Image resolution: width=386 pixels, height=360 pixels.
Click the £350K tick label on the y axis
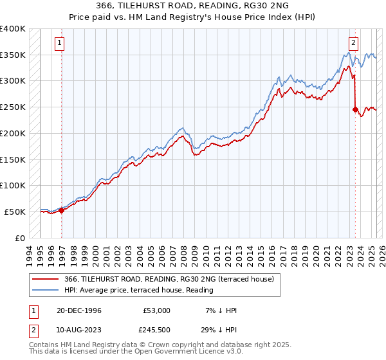coord(12,55)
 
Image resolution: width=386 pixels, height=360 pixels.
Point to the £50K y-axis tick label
coord(15,212)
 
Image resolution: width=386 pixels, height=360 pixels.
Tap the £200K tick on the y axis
coord(12,134)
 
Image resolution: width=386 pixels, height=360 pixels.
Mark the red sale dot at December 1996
coord(62,210)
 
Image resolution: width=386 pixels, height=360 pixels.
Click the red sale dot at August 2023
coord(355,109)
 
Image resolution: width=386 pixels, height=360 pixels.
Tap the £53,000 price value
coord(157,310)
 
